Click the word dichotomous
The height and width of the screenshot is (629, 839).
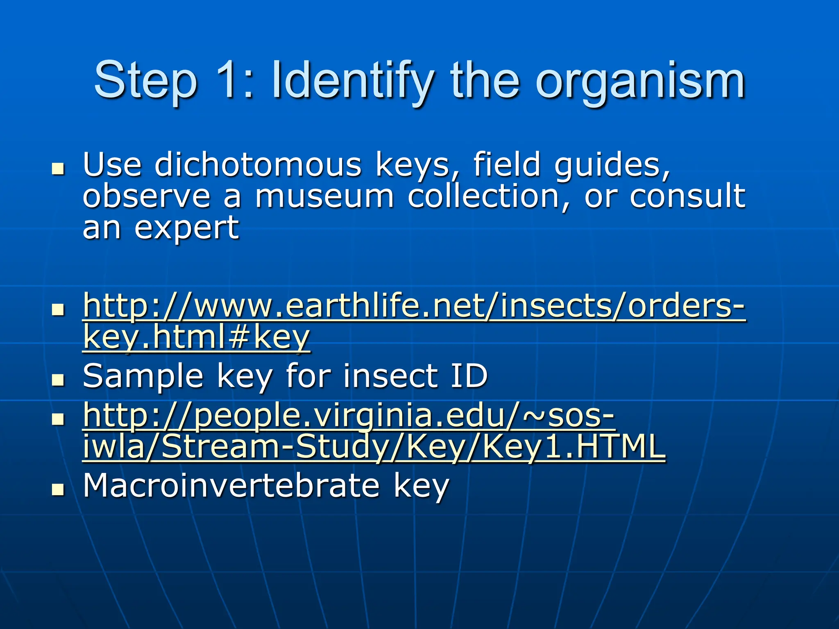(258, 165)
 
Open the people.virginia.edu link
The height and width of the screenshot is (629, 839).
(348, 416)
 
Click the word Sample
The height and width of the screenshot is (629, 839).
(143, 376)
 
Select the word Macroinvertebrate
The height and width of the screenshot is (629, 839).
(231, 486)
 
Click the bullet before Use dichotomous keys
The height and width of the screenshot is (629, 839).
(59, 168)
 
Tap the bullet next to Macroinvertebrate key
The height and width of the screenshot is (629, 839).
(59, 489)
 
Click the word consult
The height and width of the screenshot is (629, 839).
(687, 197)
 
